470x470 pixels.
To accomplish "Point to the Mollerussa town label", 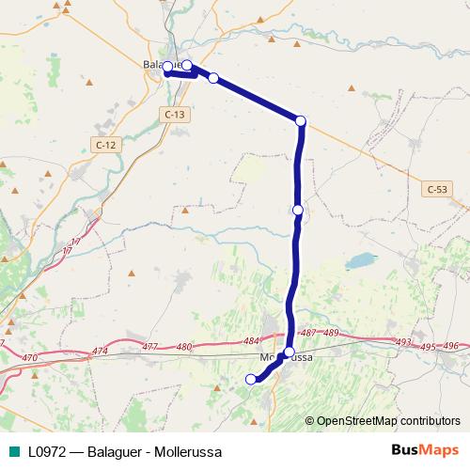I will pos(285,358).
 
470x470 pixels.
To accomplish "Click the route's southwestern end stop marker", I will pos(250,379).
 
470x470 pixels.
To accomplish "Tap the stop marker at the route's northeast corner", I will pos(301,120).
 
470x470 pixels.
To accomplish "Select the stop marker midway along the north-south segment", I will pos(298,210).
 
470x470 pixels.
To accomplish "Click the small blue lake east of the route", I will pos(358,259).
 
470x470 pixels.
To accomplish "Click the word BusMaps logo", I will pos(425,451).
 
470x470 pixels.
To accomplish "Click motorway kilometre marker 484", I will pos(250,341).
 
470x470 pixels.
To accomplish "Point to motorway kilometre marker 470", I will pos(29,358).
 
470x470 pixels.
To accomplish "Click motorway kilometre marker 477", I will pos(149,348).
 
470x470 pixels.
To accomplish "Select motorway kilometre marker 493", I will pos(404,342).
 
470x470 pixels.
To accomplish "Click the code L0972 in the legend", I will pos(45,451).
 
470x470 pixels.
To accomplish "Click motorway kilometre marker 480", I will pos(183,347).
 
